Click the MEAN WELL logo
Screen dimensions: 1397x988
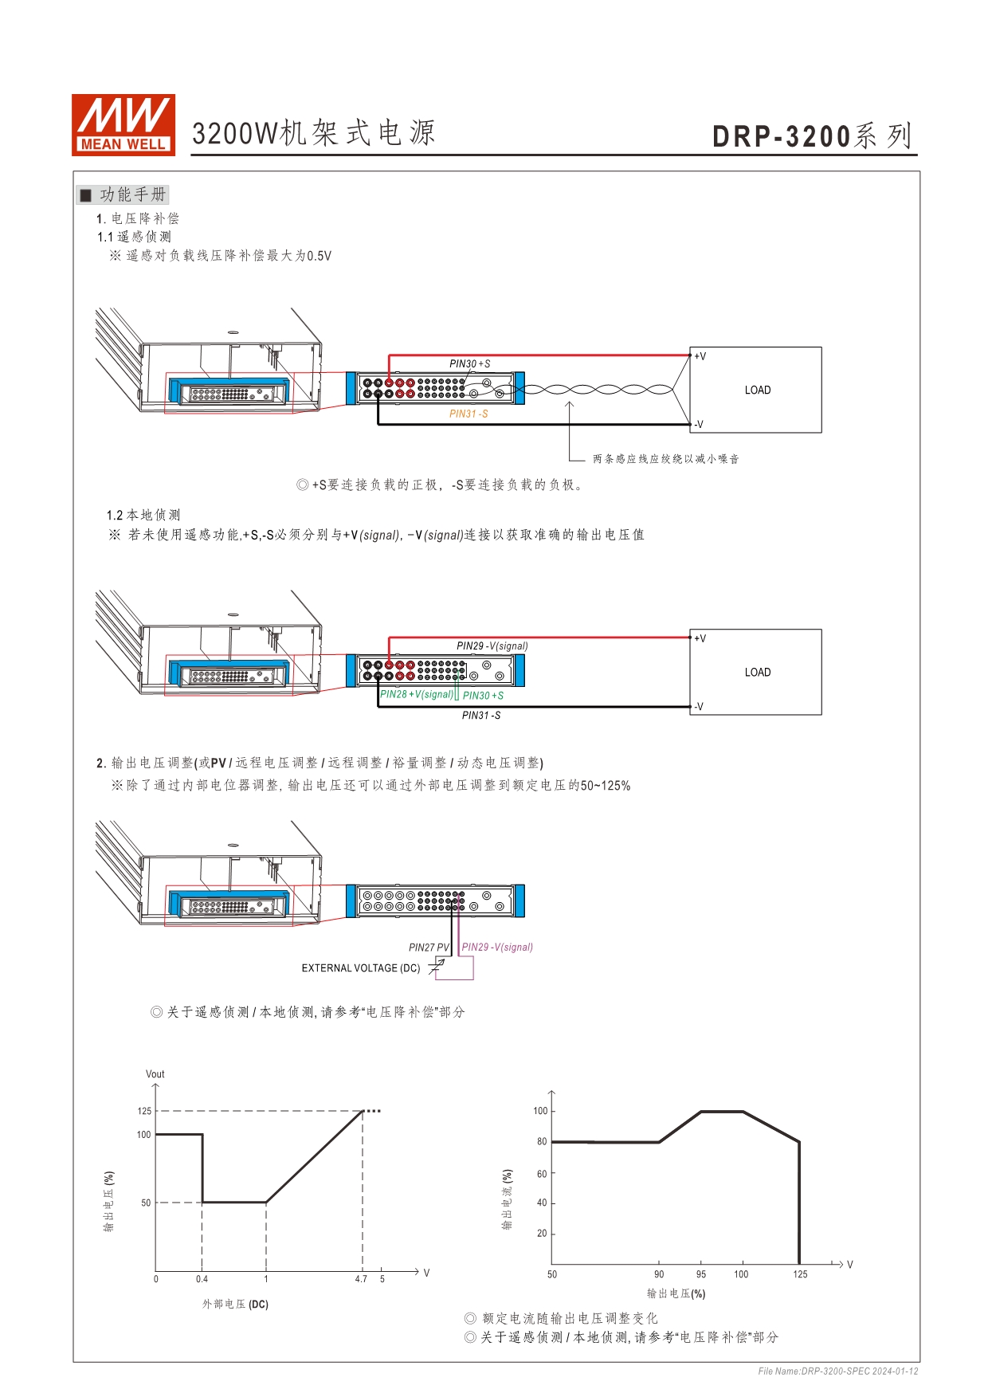point(123,124)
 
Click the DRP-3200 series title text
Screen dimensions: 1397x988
point(811,136)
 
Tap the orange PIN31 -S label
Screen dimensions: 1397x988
point(469,414)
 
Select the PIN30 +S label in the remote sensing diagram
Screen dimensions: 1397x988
point(470,363)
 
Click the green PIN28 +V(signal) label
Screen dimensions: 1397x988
point(417,694)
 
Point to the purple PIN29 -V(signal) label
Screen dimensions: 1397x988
point(497,947)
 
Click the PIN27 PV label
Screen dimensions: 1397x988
point(429,948)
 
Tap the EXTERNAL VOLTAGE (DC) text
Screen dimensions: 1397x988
point(361,968)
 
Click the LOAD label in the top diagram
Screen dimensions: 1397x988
point(758,390)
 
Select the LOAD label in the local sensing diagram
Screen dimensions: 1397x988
point(758,672)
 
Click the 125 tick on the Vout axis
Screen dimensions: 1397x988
point(144,1111)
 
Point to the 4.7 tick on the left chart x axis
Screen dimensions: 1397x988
point(361,1279)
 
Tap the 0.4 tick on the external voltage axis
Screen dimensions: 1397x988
point(202,1279)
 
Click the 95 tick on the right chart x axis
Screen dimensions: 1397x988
point(701,1274)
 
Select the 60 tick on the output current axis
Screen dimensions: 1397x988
point(542,1174)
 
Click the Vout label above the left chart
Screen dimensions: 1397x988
point(155,1074)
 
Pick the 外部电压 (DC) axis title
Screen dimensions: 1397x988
point(235,1305)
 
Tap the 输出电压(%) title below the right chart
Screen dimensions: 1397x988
point(676,1293)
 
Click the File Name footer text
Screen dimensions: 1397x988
point(838,1371)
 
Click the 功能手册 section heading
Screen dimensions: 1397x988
point(132,194)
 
